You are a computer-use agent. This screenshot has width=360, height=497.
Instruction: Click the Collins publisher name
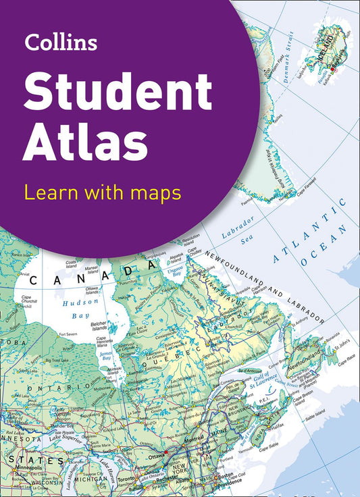tap(61, 43)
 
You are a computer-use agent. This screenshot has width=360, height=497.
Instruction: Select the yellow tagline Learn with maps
tap(102, 193)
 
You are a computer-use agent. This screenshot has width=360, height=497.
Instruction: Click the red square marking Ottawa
tap(165, 450)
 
